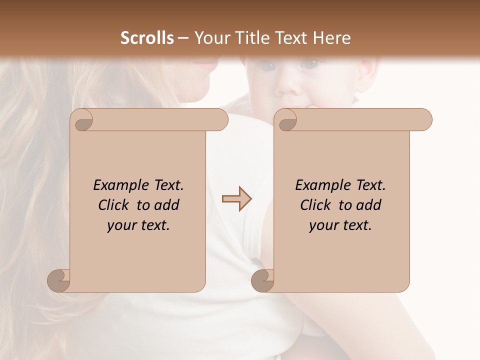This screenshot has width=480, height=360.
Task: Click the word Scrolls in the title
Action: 147,38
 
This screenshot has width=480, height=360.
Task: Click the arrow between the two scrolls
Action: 236,199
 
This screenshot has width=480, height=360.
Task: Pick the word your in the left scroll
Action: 121,225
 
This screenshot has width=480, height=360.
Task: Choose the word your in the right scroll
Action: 323,225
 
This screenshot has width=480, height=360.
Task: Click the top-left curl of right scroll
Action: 286,120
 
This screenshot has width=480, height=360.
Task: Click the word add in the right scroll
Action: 368,205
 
